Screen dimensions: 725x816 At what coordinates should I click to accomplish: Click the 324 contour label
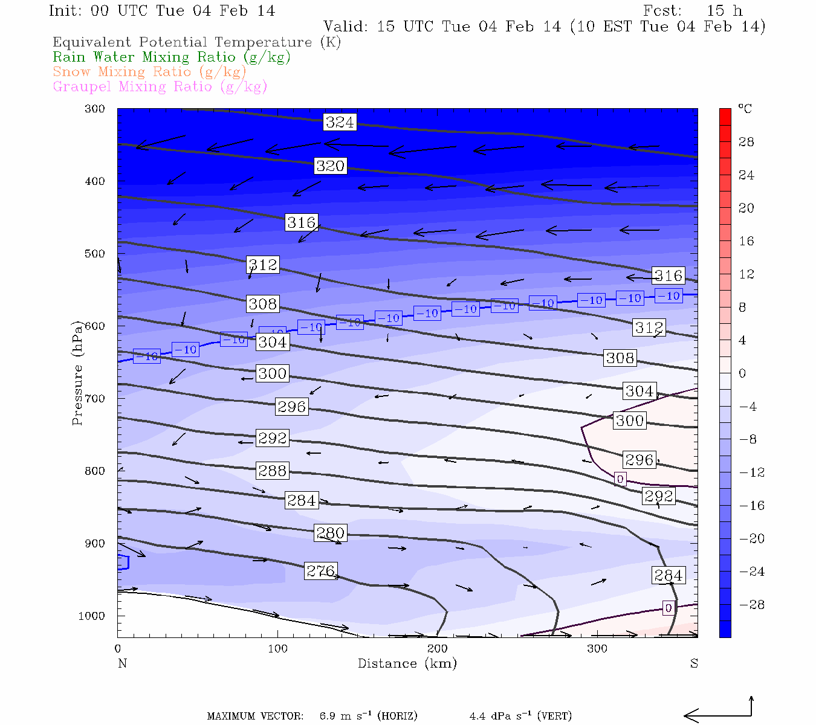(340, 122)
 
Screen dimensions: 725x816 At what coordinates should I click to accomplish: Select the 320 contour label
(330, 166)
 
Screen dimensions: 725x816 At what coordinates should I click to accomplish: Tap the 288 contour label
(272, 471)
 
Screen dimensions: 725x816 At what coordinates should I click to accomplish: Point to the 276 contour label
(320, 571)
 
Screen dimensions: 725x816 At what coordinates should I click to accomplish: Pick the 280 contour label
(330, 533)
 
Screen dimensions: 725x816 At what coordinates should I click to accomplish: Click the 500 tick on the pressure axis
(95, 254)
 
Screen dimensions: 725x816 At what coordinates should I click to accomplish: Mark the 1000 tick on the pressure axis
(91, 616)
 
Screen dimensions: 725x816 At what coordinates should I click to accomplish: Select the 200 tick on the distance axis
(438, 649)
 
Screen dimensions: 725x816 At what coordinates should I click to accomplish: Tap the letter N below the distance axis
(122, 663)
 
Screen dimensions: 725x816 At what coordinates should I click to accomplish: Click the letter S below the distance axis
(694, 663)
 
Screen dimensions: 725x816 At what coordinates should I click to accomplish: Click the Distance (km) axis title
(407, 663)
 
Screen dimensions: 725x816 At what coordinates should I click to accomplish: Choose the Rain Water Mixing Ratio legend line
(172, 57)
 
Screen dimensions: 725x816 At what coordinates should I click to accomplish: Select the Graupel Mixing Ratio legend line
(160, 86)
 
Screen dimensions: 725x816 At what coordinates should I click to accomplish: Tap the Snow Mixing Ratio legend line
(150, 72)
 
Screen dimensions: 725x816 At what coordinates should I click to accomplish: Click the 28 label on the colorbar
(746, 142)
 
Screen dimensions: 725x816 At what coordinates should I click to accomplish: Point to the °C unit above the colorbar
(745, 109)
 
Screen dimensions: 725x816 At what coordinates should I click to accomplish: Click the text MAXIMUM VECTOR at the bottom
(255, 717)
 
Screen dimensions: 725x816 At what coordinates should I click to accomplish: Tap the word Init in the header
(66, 11)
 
